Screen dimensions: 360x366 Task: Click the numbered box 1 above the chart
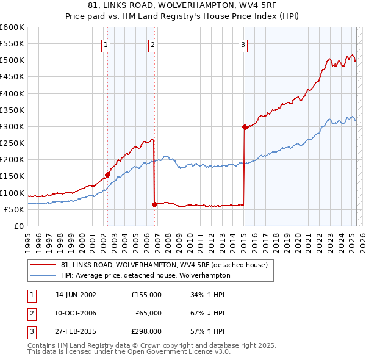pos(106,44)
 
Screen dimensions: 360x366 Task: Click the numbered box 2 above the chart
pos(152,44)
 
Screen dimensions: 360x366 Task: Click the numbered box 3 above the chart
pos(243,44)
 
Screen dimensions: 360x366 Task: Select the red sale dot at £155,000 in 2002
pos(108,175)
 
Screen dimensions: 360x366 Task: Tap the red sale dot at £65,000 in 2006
pos(154,204)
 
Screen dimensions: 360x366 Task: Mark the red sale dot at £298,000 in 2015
pos(245,128)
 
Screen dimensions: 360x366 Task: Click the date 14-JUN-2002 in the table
pos(76,295)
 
